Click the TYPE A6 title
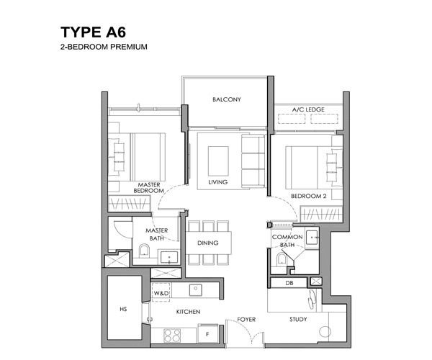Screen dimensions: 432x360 pyautogui.click(x=93, y=32)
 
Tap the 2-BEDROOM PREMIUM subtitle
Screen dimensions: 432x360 pyautogui.click(x=104, y=47)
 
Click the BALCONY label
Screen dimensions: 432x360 pyautogui.click(x=227, y=99)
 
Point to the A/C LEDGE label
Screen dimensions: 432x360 pyautogui.click(x=308, y=109)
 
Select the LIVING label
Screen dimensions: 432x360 pyautogui.click(x=217, y=182)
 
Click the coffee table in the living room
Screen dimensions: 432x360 pyautogui.click(x=218, y=161)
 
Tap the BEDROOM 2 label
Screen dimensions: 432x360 pyautogui.click(x=309, y=196)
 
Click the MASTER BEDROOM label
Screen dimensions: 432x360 pyautogui.click(x=149, y=188)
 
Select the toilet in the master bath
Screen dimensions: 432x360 pyautogui.click(x=144, y=251)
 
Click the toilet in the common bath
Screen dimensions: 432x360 pyautogui.click(x=282, y=259)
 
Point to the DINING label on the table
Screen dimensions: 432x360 pyautogui.click(x=208, y=243)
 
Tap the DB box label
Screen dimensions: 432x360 pyautogui.click(x=289, y=283)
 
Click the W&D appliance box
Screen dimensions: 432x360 pyautogui.click(x=161, y=292)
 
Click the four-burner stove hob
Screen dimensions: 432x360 pyautogui.click(x=172, y=336)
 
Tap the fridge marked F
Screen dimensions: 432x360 pyautogui.click(x=207, y=333)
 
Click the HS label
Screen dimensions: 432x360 pyautogui.click(x=123, y=310)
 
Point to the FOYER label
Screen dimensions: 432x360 pyautogui.click(x=246, y=320)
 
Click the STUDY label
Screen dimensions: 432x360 pyautogui.click(x=298, y=320)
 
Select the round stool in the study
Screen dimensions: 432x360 pyautogui.click(x=325, y=332)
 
